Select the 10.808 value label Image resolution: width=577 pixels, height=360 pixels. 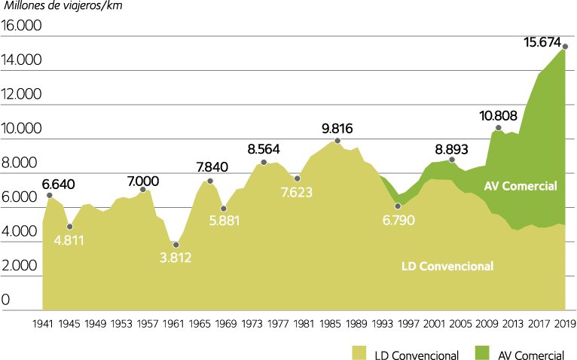pyautogui.click(x=498, y=116)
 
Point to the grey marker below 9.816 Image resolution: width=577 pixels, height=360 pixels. pyautogui.click(x=337, y=141)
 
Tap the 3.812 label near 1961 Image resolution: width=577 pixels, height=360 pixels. pyautogui.click(x=175, y=258)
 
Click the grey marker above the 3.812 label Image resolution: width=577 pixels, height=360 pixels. pyautogui.click(x=176, y=245)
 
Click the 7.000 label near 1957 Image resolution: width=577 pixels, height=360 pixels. pyautogui.click(x=143, y=181)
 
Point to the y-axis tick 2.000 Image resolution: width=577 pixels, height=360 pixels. pyautogui.click(x=22, y=266)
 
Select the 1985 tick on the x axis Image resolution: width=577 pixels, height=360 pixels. pyautogui.click(x=330, y=325)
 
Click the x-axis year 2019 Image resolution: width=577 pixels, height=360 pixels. pyautogui.click(x=565, y=325)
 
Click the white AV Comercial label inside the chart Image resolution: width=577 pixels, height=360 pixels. pyautogui.click(x=521, y=185)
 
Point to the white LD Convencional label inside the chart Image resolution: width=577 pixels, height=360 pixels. pyautogui.click(x=447, y=266)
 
